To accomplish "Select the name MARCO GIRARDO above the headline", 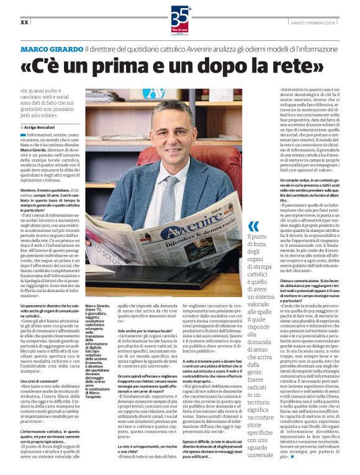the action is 52,48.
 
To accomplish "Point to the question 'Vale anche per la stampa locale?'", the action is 146,332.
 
